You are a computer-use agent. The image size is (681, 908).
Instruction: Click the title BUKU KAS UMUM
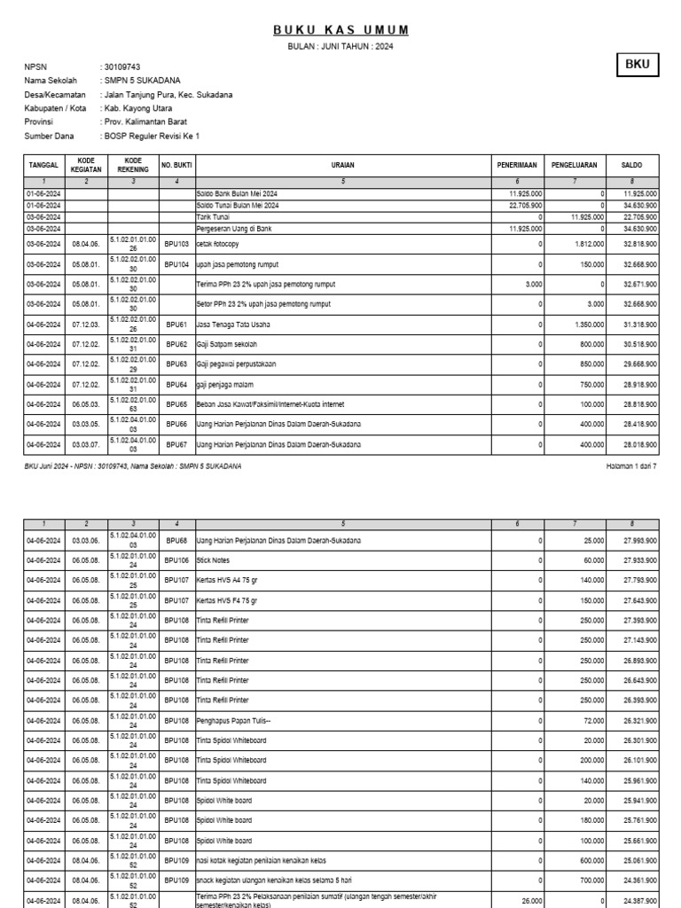(340, 30)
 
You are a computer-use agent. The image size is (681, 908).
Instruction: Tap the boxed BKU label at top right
(637, 66)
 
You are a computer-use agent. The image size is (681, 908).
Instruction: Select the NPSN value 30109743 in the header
(122, 67)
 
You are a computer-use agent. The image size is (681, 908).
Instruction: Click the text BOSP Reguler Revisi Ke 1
(153, 137)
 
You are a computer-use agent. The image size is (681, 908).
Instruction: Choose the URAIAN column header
(343, 165)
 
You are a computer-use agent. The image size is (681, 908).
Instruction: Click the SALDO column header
(631, 165)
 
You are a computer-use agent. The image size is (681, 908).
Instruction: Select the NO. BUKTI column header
(176, 165)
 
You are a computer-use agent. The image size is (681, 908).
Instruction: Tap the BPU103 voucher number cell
(176, 243)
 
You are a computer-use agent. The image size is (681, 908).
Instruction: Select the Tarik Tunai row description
(212, 216)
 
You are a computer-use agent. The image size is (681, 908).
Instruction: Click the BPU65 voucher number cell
(176, 404)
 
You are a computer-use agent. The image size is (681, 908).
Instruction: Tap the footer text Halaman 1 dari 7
(630, 466)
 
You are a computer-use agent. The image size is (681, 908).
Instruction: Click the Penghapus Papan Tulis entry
(233, 720)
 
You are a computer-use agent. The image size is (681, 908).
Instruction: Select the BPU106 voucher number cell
(176, 560)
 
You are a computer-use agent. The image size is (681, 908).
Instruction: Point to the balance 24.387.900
(638, 900)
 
